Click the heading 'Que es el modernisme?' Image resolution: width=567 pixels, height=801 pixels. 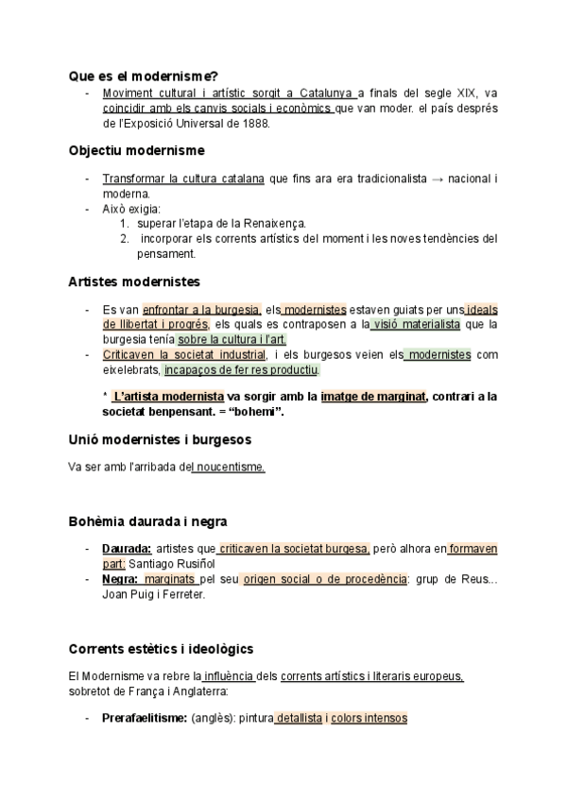pyautogui.click(x=144, y=75)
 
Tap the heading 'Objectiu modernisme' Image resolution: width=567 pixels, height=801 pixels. pyautogui.click(x=136, y=150)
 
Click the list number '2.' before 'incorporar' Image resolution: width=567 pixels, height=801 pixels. pyautogui.click(x=124, y=239)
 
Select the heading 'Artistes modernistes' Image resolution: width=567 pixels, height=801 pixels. pyautogui.click(x=133, y=281)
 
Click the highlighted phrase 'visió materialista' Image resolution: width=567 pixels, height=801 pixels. pyautogui.click(x=415, y=325)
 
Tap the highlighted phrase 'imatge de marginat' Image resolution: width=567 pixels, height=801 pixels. pyautogui.click(x=373, y=397)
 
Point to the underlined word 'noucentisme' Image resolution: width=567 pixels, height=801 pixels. pyautogui.click(x=229, y=467)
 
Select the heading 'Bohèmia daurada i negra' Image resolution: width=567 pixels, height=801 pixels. pyautogui.click(x=147, y=521)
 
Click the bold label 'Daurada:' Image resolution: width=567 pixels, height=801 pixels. pyautogui.click(x=127, y=549)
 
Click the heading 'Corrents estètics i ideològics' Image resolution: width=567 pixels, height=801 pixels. pyautogui.click(x=161, y=649)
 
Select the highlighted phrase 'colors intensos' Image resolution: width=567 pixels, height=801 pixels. pyautogui.click(x=369, y=718)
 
